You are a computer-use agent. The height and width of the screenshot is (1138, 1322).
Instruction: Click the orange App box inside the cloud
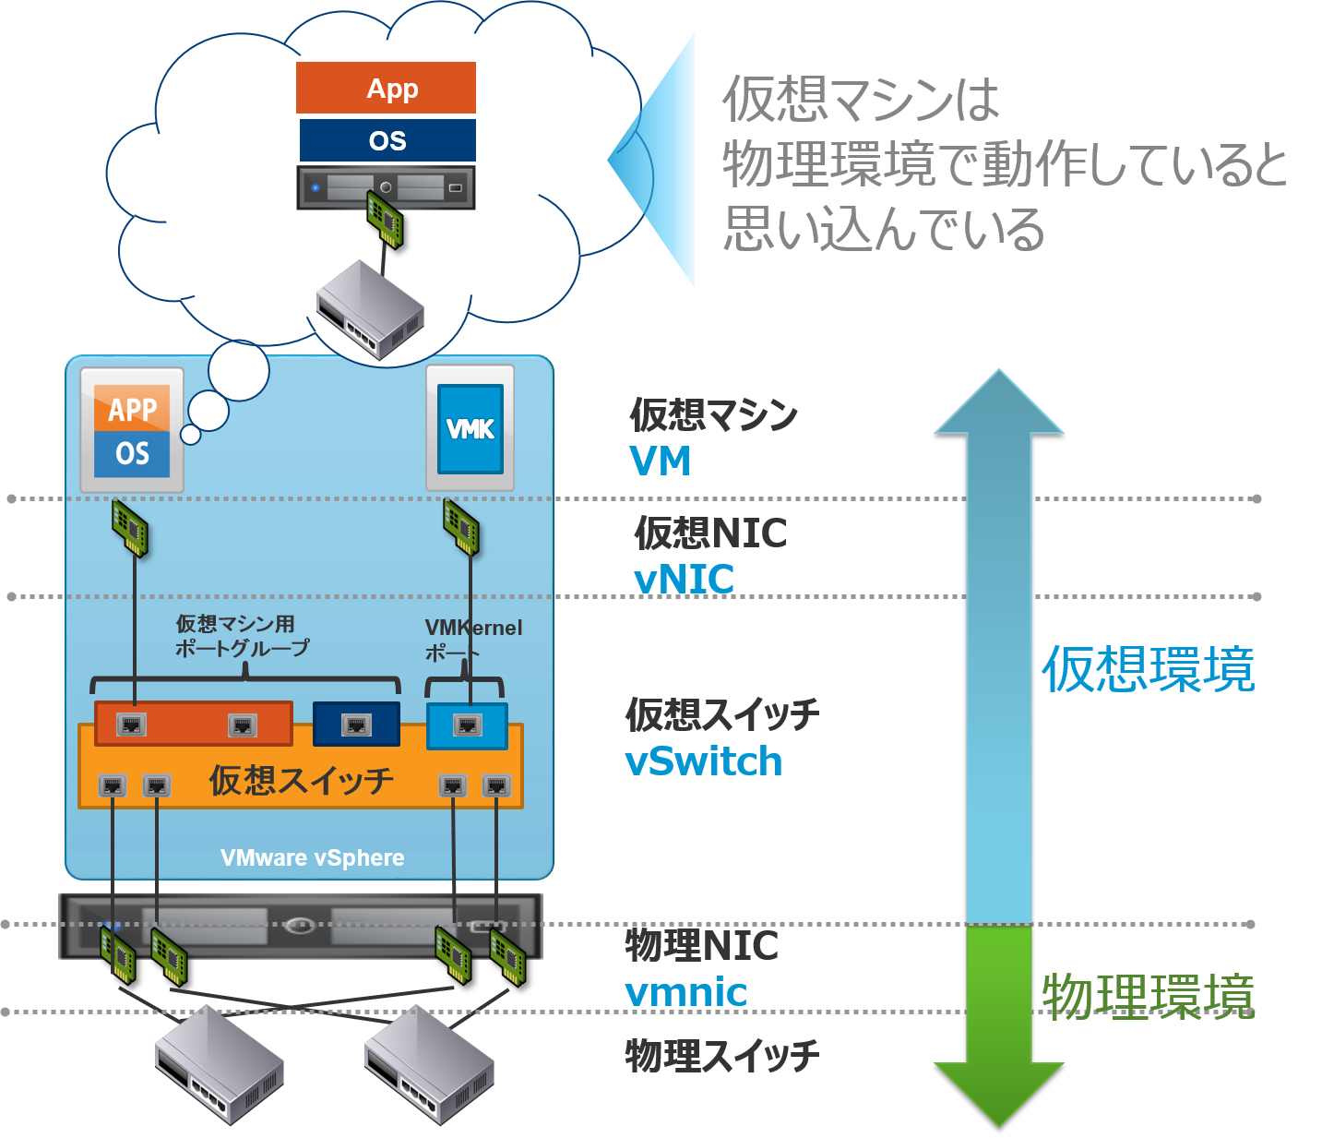point(386,89)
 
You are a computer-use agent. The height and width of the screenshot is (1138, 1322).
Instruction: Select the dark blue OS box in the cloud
point(387,140)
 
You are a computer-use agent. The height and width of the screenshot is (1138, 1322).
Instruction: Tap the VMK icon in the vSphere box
point(470,429)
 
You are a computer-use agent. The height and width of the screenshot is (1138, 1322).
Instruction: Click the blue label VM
point(661,461)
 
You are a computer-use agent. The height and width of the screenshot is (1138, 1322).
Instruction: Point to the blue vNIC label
point(685,581)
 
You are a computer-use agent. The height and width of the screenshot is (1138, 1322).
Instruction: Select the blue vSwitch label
point(704,761)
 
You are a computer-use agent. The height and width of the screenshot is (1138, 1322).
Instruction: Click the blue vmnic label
point(686,993)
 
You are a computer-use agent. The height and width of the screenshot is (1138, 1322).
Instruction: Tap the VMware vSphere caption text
point(312,857)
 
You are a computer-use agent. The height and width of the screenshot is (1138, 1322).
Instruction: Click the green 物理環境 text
point(1149,997)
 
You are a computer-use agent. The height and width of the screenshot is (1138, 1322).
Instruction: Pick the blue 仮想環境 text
point(1149,669)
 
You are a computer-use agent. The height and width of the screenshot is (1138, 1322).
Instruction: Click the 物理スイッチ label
point(722,1056)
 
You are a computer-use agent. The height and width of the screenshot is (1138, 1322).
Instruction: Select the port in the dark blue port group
point(356,725)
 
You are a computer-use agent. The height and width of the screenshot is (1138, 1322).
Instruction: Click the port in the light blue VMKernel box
point(468,726)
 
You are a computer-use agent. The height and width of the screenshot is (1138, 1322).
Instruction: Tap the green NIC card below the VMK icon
point(461,527)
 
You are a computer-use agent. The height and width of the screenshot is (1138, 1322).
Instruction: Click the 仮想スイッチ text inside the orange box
point(301,781)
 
